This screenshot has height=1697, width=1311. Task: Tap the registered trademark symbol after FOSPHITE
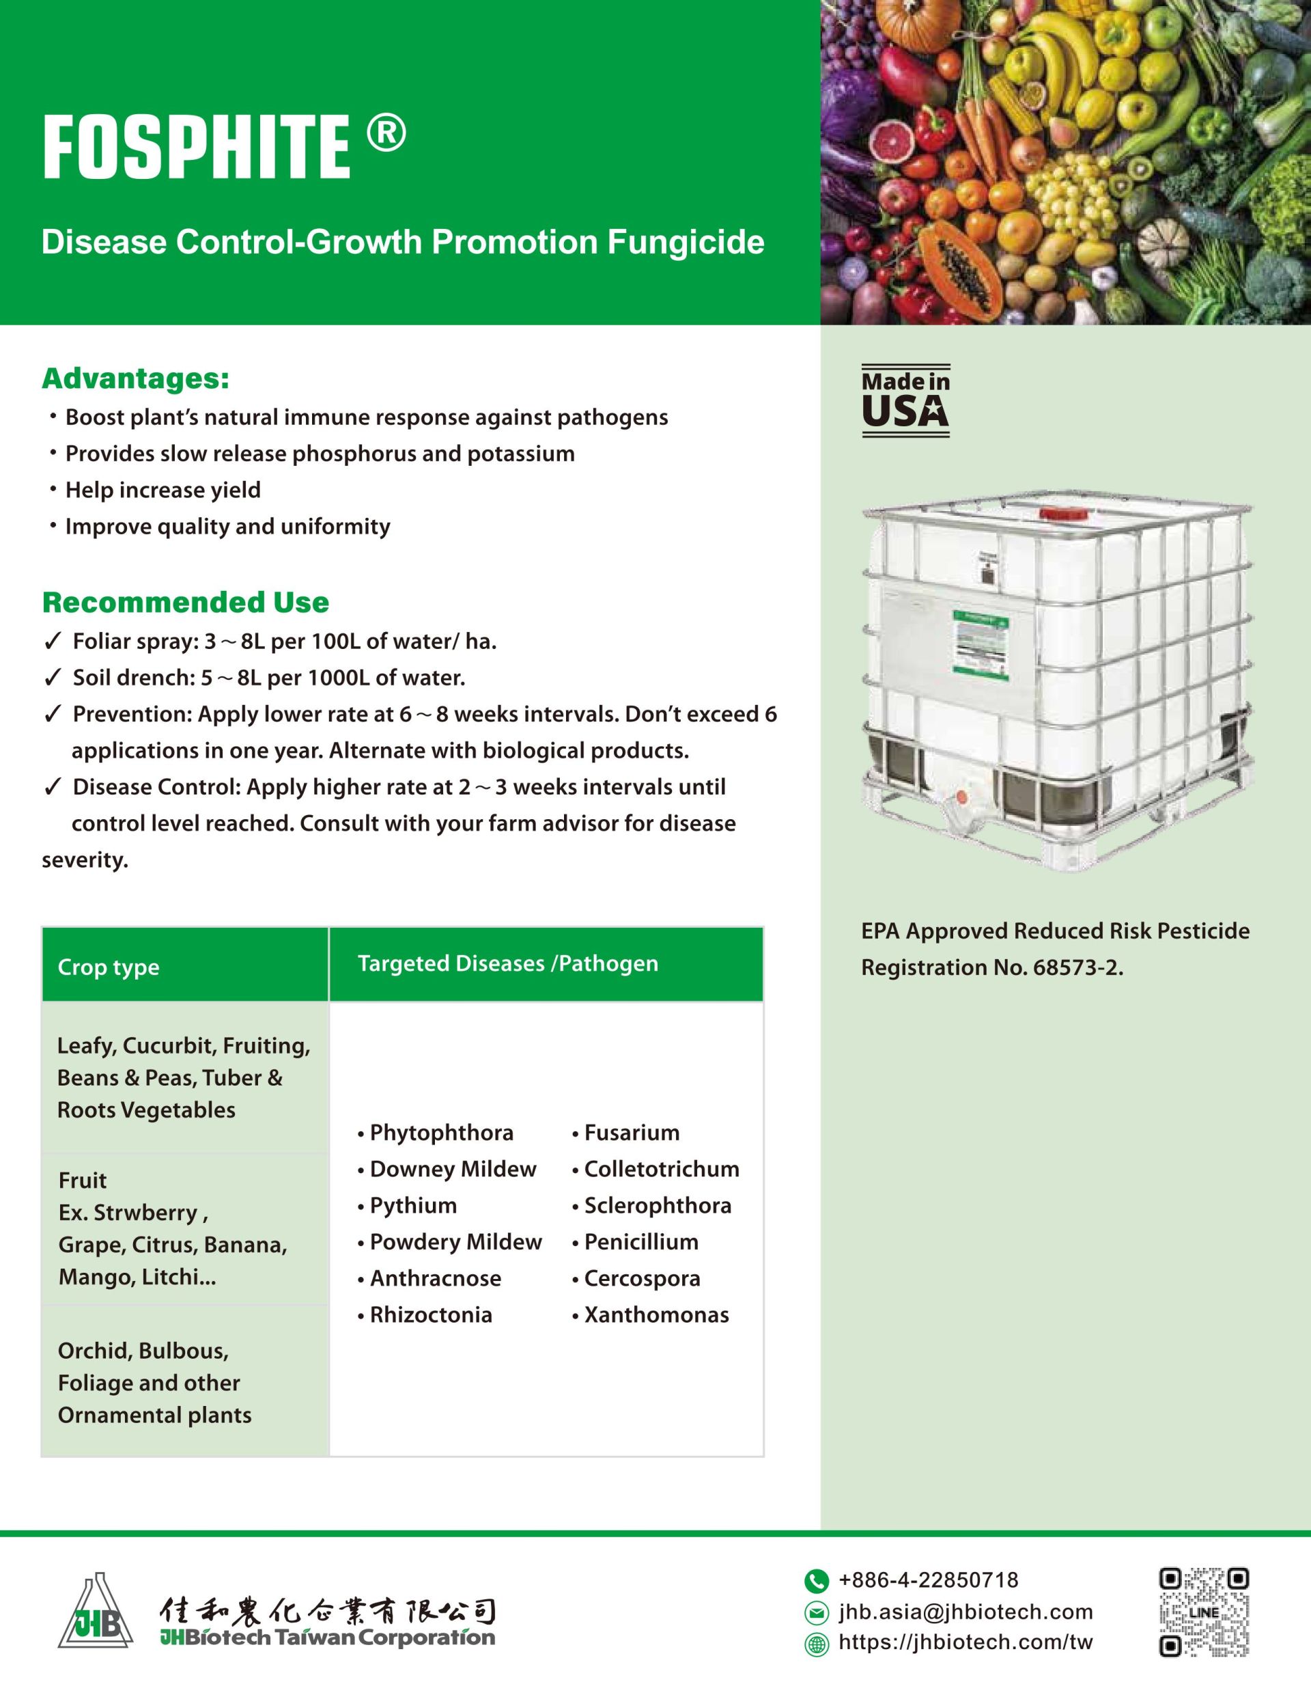point(386,134)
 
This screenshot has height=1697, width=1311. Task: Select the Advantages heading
point(135,378)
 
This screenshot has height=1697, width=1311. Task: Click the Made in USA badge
point(905,400)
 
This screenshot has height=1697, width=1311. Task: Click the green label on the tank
point(982,645)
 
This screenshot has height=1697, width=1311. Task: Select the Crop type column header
point(109,967)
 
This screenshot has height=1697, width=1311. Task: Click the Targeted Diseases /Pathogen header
point(507,963)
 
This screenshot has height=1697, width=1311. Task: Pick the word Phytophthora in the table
point(441,1132)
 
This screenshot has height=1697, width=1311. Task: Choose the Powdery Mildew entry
point(455,1242)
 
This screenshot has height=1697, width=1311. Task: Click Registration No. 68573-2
point(992,967)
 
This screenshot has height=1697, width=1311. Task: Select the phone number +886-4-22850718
point(928,1579)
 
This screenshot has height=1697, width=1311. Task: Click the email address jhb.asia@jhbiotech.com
point(965,1612)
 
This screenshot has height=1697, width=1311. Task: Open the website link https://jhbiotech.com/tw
point(965,1642)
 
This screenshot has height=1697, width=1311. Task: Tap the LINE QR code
point(1204,1612)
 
